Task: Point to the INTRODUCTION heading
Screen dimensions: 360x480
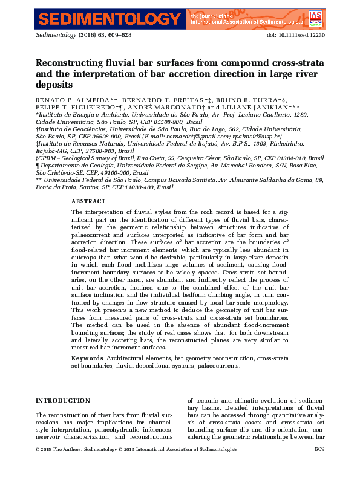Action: click(63, 401)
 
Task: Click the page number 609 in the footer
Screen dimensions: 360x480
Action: click(320, 449)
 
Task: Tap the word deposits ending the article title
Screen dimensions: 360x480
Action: click(54, 85)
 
